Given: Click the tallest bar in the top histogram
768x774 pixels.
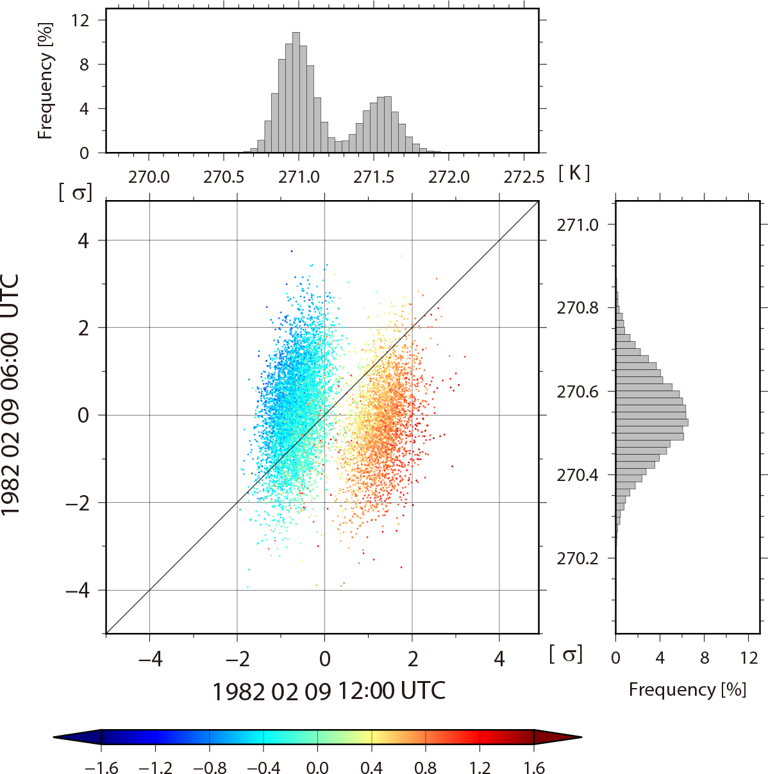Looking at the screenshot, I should pos(296,92).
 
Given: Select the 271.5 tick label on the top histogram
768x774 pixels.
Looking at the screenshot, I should pos(374,177).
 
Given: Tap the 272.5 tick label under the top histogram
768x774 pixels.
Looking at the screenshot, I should pos(524,177).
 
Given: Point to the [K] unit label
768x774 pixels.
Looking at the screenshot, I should pos(574,173).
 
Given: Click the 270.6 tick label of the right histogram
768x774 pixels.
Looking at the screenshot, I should pos(577,391).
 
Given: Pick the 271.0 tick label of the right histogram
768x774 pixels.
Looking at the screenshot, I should pos(577,224).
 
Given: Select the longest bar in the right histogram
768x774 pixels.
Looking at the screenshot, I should pos(651,423).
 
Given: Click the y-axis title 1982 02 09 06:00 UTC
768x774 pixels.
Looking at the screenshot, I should pos(12,394).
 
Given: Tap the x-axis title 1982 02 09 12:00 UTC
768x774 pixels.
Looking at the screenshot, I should pos(328,691).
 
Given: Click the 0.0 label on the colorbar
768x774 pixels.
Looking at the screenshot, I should pos(317,768).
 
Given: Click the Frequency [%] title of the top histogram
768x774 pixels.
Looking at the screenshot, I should pos(45,81).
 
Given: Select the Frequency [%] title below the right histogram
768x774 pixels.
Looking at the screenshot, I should pos(687,689).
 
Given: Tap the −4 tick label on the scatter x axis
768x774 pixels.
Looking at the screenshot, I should pos(149,659).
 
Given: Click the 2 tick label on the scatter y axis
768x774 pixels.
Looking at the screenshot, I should pos(83,328).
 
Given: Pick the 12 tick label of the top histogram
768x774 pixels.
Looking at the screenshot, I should pos(80,20).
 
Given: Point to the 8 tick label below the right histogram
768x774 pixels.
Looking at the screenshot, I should pos(705,658).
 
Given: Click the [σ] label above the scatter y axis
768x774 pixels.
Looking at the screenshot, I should pos(75,192).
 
